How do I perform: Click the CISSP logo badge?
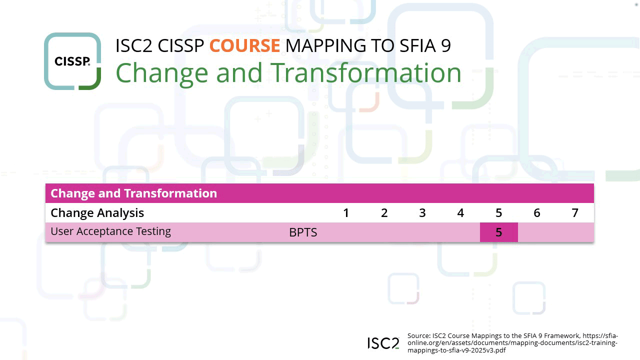[72, 61]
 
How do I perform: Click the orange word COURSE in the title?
[244, 45]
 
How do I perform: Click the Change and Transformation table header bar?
[319, 193]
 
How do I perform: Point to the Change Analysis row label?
[97, 213]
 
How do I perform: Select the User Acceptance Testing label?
[111, 231]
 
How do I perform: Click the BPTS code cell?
[303, 232]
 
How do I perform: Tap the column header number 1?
[346, 213]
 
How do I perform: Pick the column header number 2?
[384, 213]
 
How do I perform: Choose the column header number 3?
[422, 213]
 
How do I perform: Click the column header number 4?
[460, 213]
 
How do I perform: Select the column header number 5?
[498, 213]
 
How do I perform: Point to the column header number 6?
[536, 213]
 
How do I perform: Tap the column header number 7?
[575, 213]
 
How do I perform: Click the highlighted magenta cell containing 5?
[498, 232]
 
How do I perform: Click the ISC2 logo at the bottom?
[383, 343]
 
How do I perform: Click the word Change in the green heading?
[162, 72]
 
